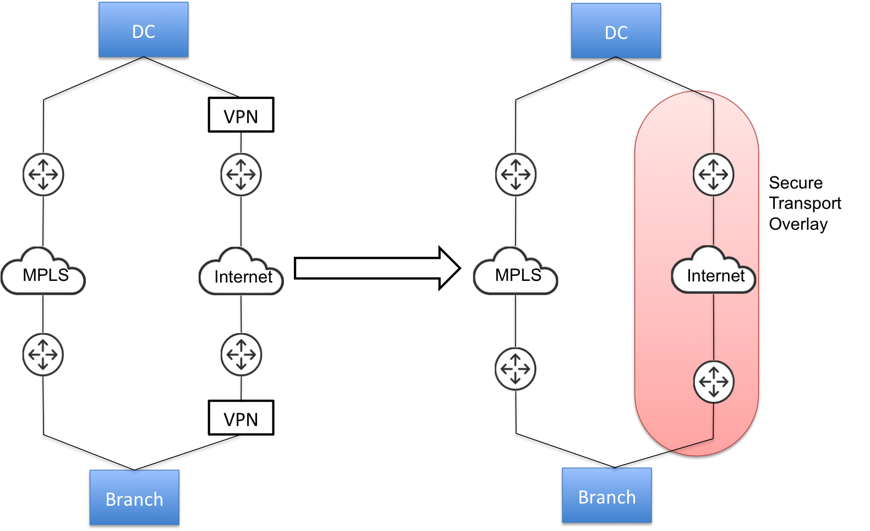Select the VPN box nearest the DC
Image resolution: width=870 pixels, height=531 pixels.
(x=241, y=115)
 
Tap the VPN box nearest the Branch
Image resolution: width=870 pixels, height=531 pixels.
(x=241, y=418)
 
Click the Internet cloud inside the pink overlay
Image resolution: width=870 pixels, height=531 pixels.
(x=714, y=272)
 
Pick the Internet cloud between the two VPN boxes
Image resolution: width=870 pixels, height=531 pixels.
(x=241, y=273)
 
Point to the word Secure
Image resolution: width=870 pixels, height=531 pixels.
(x=796, y=182)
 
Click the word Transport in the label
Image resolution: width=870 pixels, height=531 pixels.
(x=805, y=203)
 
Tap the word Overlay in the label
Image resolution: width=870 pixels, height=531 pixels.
(x=798, y=224)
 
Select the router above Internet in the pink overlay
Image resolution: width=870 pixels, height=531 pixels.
(x=713, y=175)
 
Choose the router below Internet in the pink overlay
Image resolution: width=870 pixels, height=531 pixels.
(x=714, y=381)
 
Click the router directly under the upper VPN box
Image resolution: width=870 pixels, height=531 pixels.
(x=241, y=175)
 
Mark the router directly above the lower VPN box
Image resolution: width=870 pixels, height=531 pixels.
(x=241, y=355)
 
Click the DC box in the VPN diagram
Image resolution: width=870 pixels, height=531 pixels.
(x=144, y=31)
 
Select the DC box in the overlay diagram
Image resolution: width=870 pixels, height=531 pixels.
(x=616, y=32)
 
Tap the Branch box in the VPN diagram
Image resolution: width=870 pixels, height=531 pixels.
(x=134, y=498)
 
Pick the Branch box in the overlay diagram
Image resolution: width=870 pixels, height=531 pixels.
(x=607, y=496)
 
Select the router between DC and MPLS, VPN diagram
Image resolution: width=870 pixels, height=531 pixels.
(x=43, y=175)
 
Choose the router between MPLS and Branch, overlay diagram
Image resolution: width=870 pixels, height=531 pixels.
(x=516, y=369)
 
